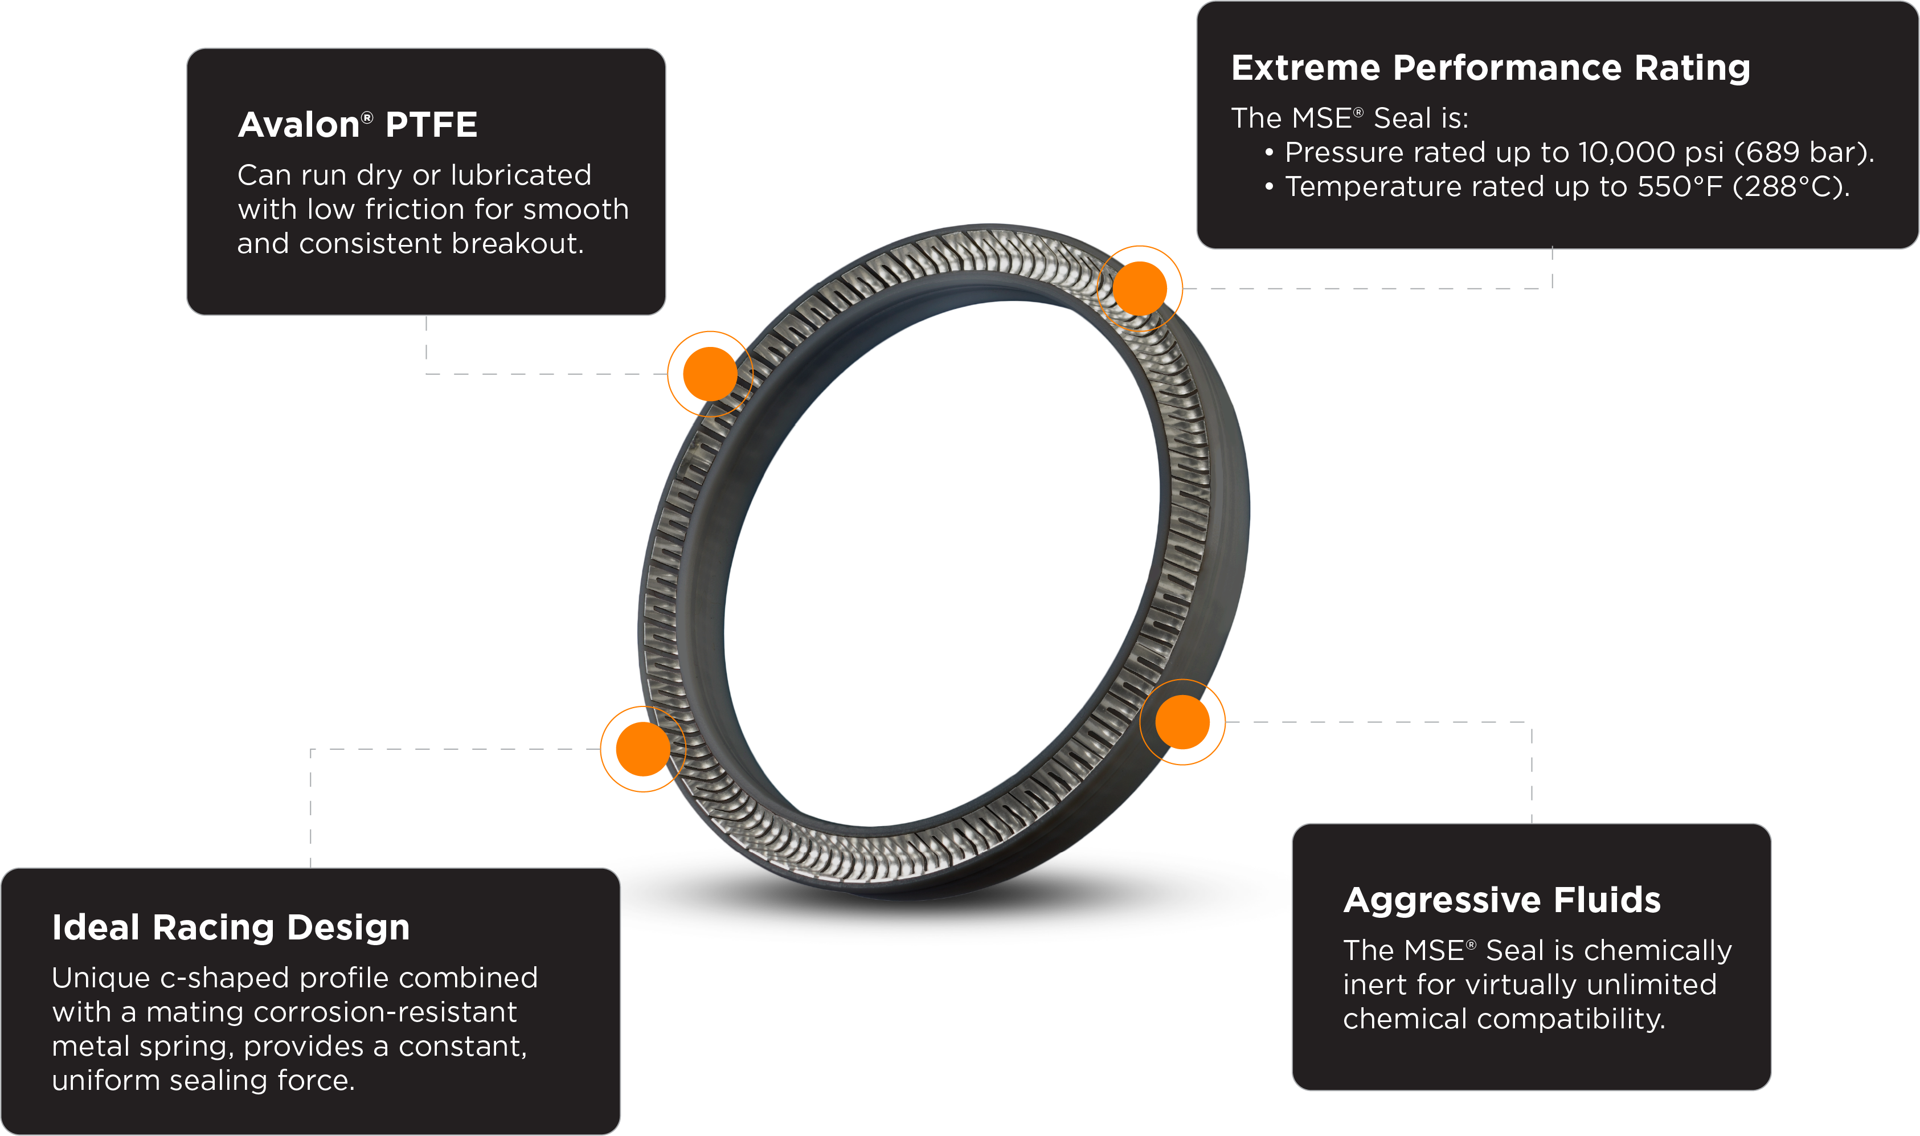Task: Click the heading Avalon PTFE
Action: (357, 125)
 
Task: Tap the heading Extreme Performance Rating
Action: (1490, 68)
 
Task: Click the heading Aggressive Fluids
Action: (1501, 900)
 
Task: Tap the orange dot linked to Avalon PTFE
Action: (702, 374)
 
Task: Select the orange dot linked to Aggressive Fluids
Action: (1183, 722)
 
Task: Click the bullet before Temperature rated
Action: (1269, 187)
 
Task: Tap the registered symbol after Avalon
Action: (367, 116)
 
